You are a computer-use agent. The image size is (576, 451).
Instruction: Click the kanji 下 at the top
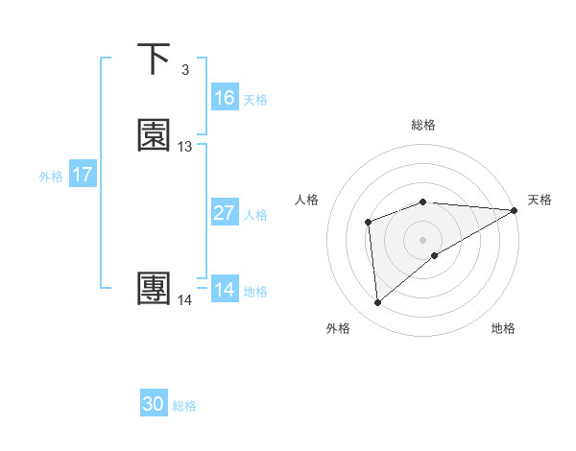click(155, 59)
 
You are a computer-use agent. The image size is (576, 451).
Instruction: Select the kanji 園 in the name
click(155, 136)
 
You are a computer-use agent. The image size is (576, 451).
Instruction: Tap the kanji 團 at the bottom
click(155, 290)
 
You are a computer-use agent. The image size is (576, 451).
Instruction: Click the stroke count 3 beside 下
click(184, 70)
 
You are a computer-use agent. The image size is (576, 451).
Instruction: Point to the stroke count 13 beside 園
click(185, 147)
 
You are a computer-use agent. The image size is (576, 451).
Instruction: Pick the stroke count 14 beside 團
click(185, 300)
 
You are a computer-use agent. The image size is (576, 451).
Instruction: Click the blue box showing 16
click(225, 98)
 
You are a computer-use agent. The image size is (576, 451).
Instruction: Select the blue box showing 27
click(225, 213)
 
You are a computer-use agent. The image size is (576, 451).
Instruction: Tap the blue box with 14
click(225, 290)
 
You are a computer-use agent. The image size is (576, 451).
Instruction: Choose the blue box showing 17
click(83, 175)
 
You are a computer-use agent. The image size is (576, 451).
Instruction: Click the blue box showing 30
click(154, 404)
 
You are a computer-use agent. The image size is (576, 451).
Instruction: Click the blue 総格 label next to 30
click(184, 406)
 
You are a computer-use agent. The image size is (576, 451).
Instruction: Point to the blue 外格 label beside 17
click(51, 177)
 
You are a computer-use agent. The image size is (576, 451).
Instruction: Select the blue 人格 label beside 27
click(256, 215)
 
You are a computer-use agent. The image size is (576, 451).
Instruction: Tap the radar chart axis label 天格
click(540, 200)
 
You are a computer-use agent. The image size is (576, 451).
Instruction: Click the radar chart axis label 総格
click(423, 125)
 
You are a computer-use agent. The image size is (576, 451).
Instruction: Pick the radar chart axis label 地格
click(503, 329)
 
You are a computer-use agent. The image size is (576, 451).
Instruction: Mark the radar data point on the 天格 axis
click(515, 210)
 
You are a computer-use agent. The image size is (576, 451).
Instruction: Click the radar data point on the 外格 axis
click(378, 303)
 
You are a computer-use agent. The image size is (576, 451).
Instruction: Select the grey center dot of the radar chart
click(423, 239)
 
